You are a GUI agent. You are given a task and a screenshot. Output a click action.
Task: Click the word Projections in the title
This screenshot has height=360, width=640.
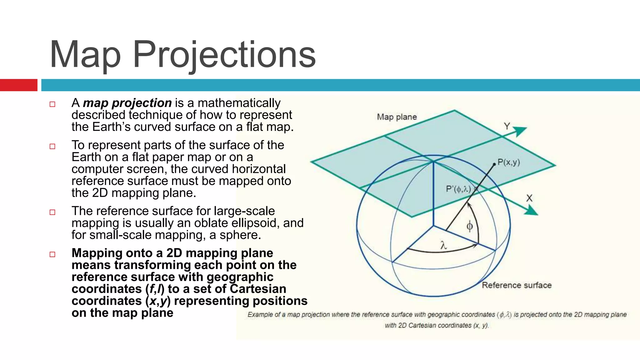224,55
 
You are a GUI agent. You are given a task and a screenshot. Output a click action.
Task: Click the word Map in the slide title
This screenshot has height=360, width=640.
85,55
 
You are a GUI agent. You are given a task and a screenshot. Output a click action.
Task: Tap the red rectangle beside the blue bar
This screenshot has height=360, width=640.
18,85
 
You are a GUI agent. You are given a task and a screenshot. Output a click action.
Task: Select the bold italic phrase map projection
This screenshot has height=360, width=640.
127,103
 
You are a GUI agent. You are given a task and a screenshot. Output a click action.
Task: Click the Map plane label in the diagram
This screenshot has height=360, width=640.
397,117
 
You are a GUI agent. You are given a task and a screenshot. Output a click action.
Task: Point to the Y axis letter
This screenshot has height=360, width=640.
507,126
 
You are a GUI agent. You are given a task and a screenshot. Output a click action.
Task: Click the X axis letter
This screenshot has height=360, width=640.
529,198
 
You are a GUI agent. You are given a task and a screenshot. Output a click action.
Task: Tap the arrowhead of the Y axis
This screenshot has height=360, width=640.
521,131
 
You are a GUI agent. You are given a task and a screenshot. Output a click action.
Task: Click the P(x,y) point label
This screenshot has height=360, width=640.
509,162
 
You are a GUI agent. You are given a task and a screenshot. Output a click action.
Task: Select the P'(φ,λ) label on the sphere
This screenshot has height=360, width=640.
458,189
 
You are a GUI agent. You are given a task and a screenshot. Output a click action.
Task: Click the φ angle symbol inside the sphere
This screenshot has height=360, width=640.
469,226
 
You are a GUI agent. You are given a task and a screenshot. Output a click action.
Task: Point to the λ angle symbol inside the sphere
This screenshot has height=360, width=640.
443,246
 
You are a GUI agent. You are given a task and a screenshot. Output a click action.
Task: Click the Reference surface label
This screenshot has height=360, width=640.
517,285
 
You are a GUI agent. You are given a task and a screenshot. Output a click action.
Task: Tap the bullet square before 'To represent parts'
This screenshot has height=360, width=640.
52,146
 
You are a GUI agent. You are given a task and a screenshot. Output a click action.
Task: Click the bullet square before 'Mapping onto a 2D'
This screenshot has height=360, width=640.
52,254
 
